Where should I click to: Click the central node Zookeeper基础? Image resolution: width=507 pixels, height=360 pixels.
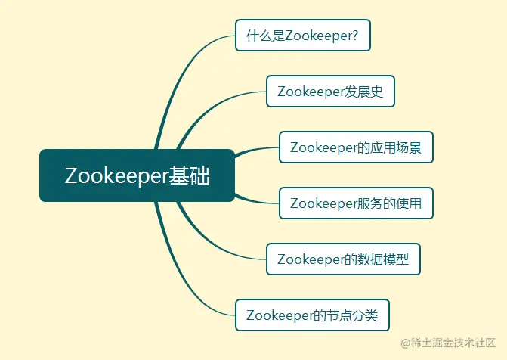[x=137, y=175]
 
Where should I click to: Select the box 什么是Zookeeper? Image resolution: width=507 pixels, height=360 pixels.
[x=303, y=36]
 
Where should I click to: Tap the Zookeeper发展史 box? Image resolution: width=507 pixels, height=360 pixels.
[x=330, y=92]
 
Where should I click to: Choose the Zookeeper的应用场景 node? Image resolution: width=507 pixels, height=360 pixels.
[x=356, y=147]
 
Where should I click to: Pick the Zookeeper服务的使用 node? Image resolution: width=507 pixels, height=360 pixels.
[x=356, y=203]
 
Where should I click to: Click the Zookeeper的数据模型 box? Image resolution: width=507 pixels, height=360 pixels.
[x=343, y=259]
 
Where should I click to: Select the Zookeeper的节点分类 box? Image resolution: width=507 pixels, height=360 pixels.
[x=312, y=315]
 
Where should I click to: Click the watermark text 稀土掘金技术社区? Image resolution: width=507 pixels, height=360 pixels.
[x=453, y=343]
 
